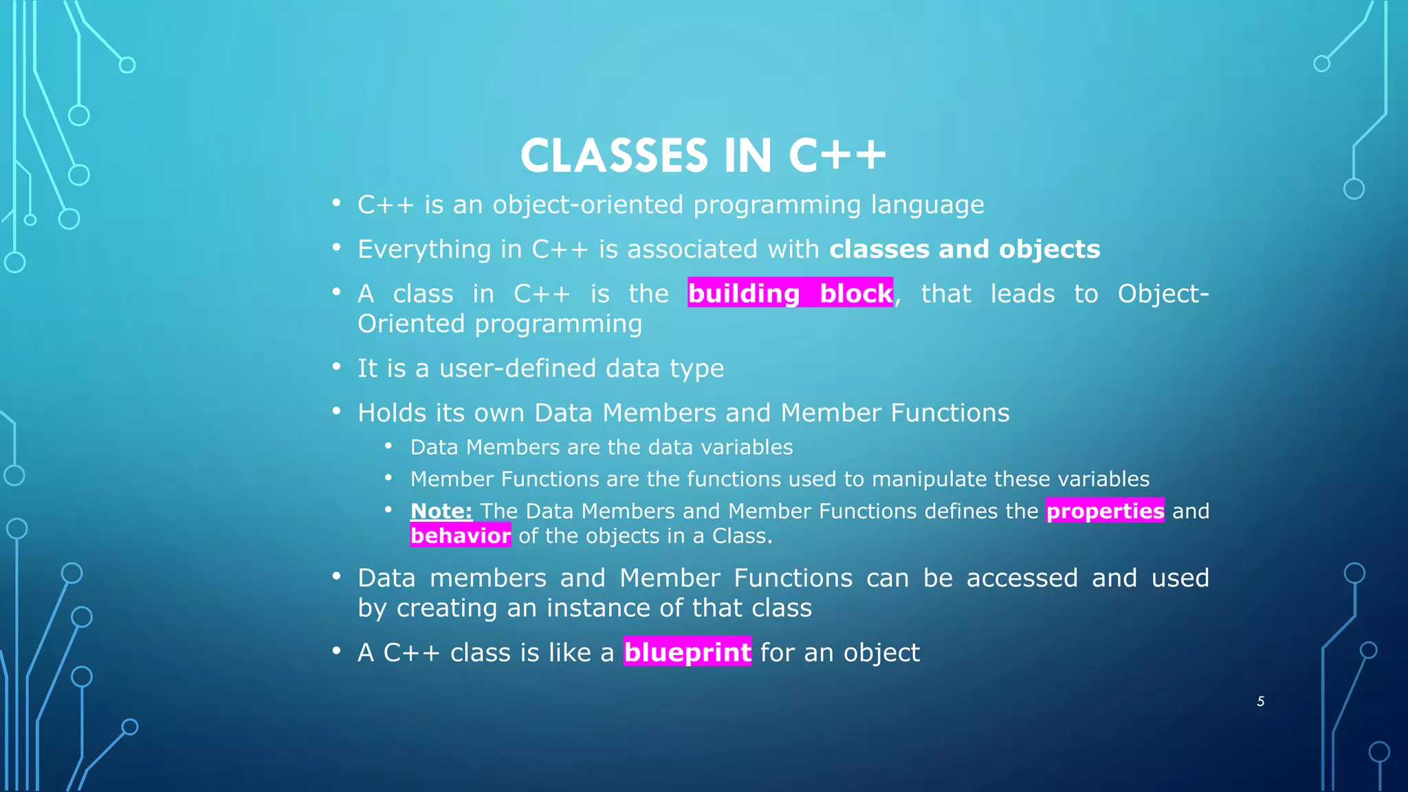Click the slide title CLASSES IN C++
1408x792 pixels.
pos(703,156)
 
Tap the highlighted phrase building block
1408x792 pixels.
pos(790,294)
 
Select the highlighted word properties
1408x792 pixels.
pos(1105,511)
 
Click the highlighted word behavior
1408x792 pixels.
pos(460,536)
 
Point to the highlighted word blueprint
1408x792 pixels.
pos(687,652)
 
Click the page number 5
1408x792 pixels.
pos(1260,701)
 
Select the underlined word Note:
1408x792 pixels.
pos(441,511)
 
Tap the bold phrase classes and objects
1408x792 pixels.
pos(964,249)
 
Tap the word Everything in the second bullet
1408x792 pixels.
pos(423,249)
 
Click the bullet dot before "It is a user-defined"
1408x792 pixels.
pos(336,366)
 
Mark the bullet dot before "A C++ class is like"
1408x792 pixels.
pos(336,650)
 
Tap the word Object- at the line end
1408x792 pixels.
pos(1163,294)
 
